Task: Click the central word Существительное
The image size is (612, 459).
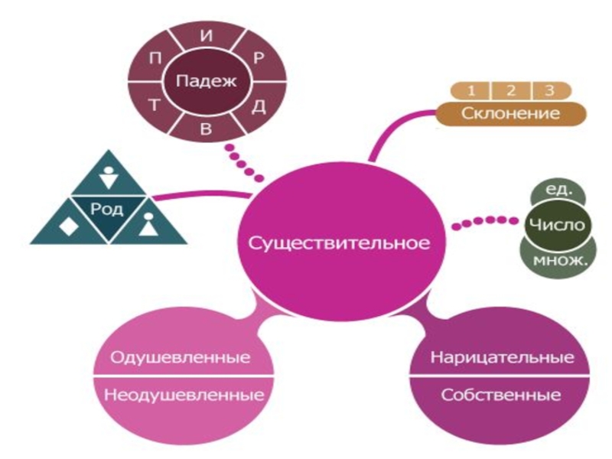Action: [338, 243]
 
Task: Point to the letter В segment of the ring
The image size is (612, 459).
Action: [205, 127]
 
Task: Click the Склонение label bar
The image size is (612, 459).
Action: [511, 113]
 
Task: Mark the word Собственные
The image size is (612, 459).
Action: [502, 396]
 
